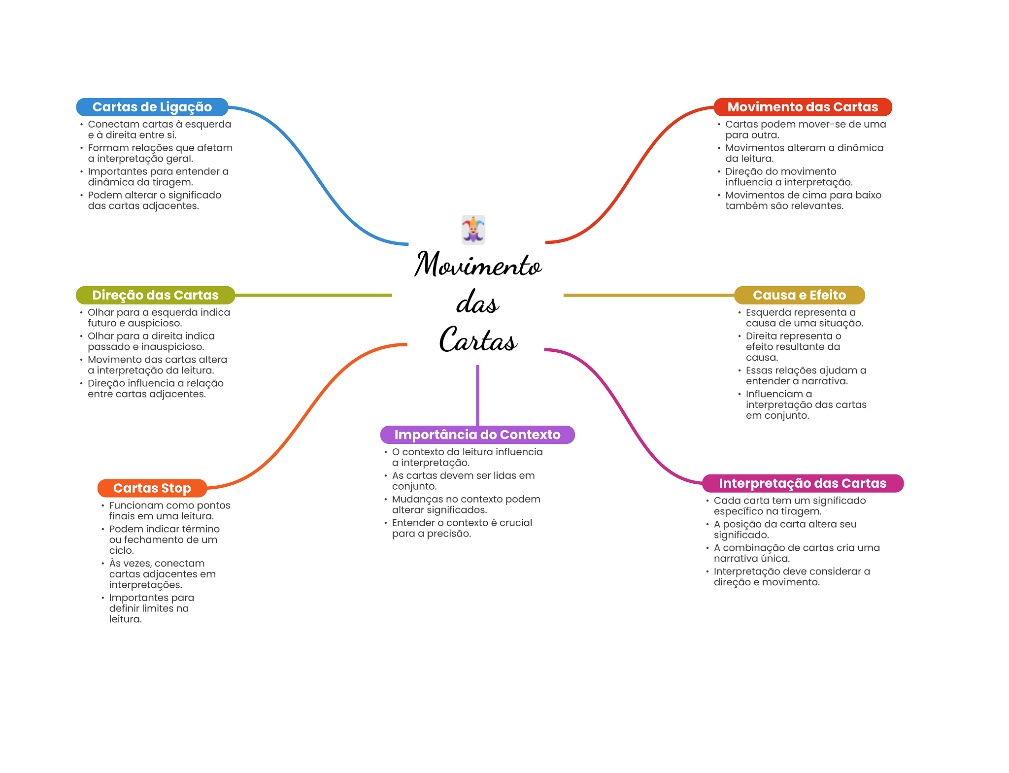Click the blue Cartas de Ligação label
point(152,107)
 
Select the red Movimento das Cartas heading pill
point(803,107)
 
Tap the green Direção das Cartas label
point(155,295)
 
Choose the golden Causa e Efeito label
point(799,295)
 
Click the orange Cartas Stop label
point(152,488)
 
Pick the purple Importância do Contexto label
point(477,435)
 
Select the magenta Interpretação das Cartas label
point(803,483)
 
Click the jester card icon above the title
point(473,230)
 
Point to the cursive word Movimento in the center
point(478,265)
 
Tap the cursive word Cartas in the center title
point(478,340)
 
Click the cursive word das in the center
point(477,302)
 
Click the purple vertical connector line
point(477,394)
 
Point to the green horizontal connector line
point(313,295)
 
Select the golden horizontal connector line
point(648,295)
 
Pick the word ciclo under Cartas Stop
point(121,550)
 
